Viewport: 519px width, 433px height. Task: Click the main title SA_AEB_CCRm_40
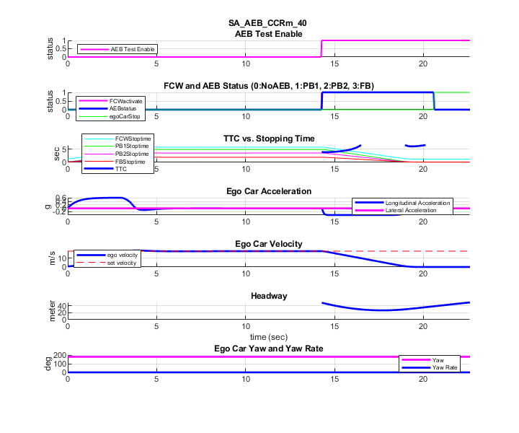(x=267, y=23)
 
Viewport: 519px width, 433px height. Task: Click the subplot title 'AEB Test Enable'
(x=268, y=33)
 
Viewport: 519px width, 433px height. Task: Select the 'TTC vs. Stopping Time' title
(x=267, y=139)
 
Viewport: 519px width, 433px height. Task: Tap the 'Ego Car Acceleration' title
(x=268, y=191)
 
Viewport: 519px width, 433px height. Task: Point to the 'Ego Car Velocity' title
(x=268, y=243)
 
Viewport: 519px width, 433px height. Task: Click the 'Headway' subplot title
(x=268, y=296)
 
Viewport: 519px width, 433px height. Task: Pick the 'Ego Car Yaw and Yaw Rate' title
(x=268, y=349)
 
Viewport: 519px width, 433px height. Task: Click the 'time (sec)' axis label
(x=268, y=337)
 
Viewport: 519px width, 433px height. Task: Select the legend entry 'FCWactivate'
(x=126, y=101)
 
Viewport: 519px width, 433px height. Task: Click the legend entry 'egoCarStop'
(x=126, y=115)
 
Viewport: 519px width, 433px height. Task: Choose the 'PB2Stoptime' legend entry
(x=132, y=154)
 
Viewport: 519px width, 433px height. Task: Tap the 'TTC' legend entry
(x=121, y=170)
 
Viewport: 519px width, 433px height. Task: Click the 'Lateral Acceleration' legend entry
(x=417, y=211)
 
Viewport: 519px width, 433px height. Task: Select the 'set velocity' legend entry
(x=122, y=263)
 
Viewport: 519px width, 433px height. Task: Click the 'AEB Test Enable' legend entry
(x=133, y=50)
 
